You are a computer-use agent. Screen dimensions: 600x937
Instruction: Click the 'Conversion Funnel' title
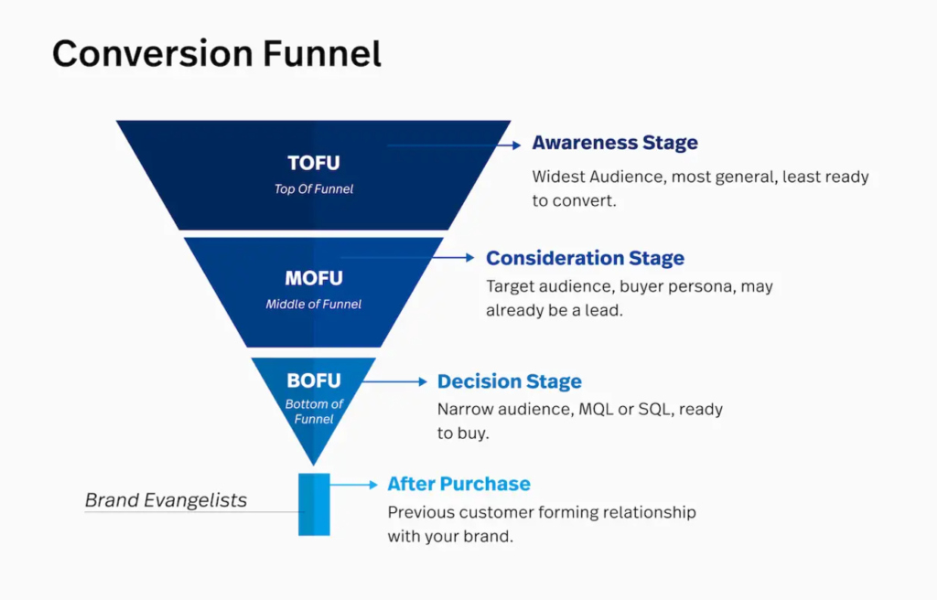point(216,54)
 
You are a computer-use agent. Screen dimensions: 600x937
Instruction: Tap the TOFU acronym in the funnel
point(313,164)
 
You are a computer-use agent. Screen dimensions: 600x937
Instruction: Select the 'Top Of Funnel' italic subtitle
point(313,189)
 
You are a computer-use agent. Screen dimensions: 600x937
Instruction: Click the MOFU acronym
point(313,278)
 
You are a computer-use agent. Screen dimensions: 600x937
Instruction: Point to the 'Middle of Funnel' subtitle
point(313,304)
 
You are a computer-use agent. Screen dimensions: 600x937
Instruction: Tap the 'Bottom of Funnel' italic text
point(313,412)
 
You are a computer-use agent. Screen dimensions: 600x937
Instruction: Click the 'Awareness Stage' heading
point(614,143)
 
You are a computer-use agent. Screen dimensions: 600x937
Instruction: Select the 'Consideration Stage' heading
point(585,258)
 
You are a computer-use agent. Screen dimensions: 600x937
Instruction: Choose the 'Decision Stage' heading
point(509,381)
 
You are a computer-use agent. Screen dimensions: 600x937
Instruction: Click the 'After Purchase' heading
point(458,484)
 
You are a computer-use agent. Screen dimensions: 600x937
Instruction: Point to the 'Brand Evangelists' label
point(166,500)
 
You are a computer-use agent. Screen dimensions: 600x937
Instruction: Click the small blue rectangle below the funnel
point(313,504)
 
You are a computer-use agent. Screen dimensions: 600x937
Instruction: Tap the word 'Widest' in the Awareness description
point(559,177)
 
